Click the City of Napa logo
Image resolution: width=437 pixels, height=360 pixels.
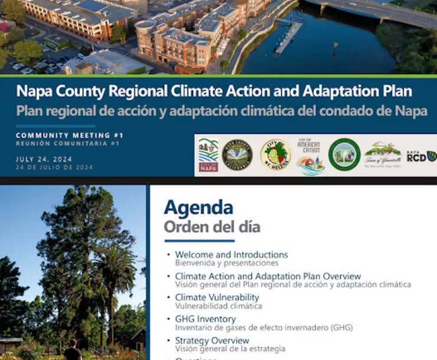click(x=208, y=155)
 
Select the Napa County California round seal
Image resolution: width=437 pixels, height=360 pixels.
click(x=237, y=155)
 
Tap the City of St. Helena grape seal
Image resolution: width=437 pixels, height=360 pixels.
click(x=275, y=155)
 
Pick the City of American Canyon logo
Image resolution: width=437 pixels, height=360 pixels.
click(x=311, y=156)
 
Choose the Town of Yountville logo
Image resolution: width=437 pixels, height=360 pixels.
click(x=383, y=156)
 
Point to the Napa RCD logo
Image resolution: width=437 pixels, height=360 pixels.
click(x=421, y=156)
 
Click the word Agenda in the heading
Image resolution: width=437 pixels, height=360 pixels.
click(x=198, y=207)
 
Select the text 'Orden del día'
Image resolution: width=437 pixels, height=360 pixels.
click(x=211, y=227)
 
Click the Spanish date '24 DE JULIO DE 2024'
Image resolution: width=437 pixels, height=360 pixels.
click(x=54, y=167)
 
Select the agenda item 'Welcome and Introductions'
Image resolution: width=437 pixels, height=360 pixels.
click(x=231, y=255)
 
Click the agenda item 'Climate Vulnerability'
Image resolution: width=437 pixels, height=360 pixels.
click(x=217, y=297)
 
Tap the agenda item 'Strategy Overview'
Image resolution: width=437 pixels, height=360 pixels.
click(x=212, y=341)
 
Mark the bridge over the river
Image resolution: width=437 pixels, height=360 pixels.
click(x=378, y=13)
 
